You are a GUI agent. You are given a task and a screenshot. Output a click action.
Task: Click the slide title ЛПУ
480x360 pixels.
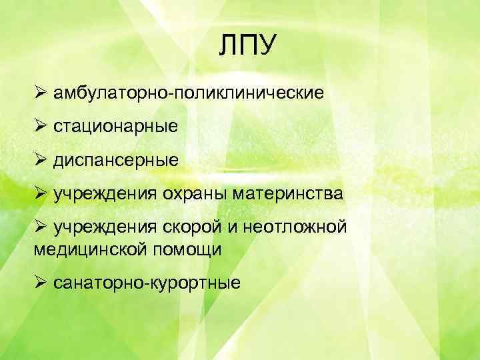coord(247,47)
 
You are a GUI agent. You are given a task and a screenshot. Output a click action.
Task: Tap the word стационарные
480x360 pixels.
coord(117,125)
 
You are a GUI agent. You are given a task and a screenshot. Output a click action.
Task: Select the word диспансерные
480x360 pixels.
coord(117,160)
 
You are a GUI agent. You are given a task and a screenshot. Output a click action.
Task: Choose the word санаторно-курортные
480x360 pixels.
coord(147,283)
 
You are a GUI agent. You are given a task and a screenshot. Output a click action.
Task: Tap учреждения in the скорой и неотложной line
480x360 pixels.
coord(106,229)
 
